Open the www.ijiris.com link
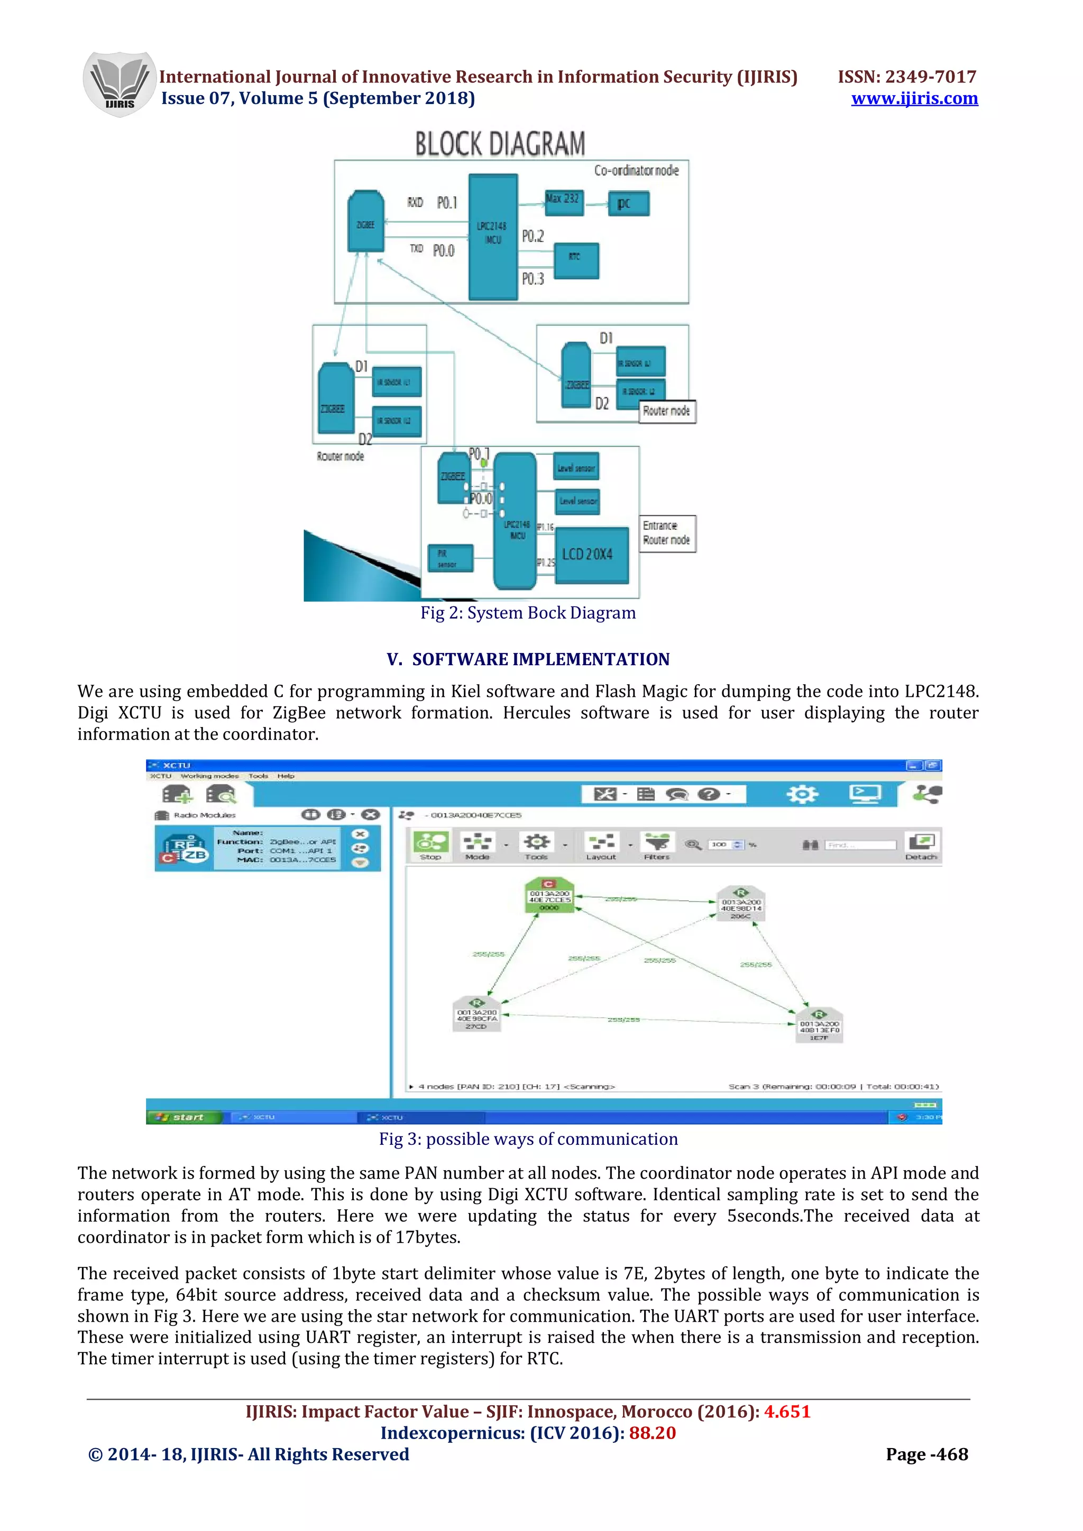(x=914, y=99)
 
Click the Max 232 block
(x=564, y=202)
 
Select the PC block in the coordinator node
(x=628, y=203)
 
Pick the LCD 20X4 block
(x=591, y=555)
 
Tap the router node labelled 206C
(x=741, y=905)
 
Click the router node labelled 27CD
(x=476, y=1015)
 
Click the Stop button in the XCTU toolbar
(x=431, y=845)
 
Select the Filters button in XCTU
(x=657, y=845)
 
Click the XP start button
(x=183, y=1117)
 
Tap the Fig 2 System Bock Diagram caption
(x=528, y=613)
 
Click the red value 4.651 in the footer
(x=787, y=1412)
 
